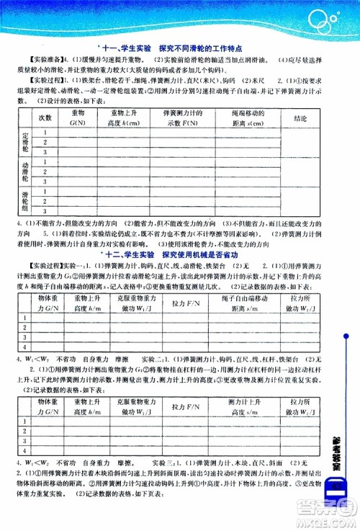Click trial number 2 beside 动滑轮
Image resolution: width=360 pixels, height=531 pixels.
[46, 173]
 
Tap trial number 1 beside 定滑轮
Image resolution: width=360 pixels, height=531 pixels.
[46, 132]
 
